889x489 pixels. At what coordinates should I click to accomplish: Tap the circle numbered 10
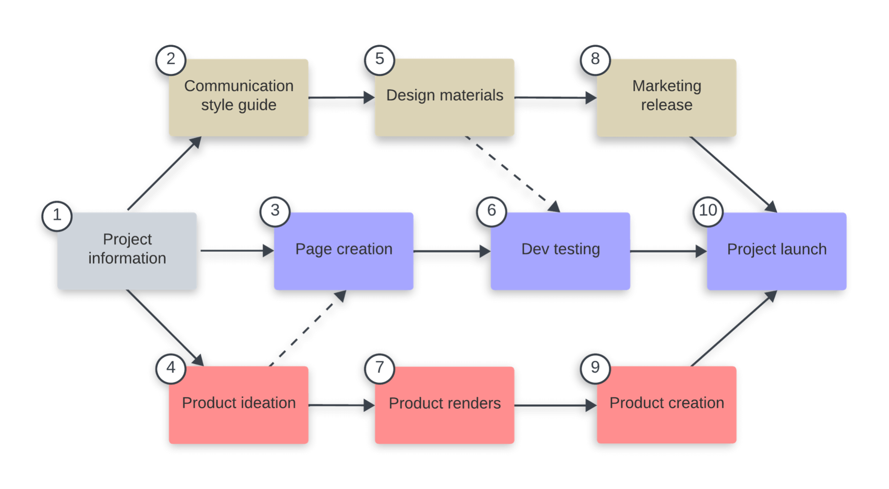pos(708,211)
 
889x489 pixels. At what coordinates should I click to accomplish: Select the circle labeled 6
pos(491,211)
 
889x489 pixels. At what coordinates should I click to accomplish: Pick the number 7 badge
pos(379,368)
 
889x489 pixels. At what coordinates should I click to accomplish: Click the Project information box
pos(127,251)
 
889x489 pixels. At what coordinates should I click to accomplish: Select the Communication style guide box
pos(239,98)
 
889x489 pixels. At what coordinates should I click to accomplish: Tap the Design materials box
pos(444,98)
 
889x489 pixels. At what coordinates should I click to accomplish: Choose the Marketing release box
pos(666,98)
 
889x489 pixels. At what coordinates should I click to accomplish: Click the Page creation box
pos(344,251)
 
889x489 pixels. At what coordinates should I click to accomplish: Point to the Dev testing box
pos(560,251)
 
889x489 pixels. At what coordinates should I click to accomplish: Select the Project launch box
pos(777,251)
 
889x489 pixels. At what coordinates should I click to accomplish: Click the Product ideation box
pos(239,405)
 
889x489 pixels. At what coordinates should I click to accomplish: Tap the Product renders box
pos(444,405)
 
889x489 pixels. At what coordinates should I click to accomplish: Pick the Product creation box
pos(666,405)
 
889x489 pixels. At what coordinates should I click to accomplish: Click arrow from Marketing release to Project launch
pos(732,173)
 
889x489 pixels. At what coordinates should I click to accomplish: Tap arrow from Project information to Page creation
pos(235,250)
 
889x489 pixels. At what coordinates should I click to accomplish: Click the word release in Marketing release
pos(666,105)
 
